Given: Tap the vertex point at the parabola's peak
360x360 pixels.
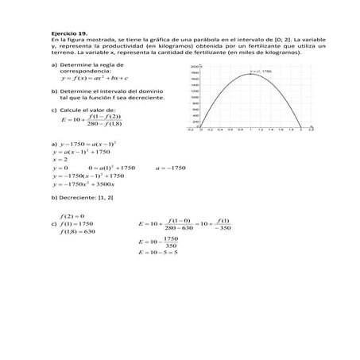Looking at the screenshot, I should tap(249, 74).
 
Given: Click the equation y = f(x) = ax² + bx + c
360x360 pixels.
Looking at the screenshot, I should tap(95, 79).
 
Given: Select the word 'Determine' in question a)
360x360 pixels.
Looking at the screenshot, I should tap(75, 64).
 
